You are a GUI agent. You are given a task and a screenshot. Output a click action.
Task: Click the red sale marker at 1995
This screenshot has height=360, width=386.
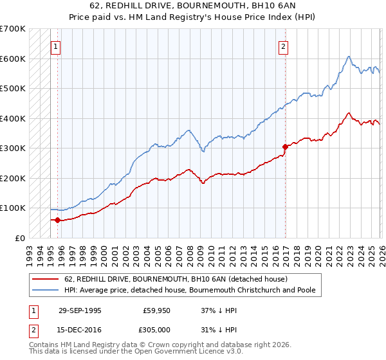pyautogui.click(x=58, y=220)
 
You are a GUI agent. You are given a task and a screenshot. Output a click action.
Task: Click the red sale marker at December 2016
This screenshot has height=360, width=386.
pyautogui.click(x=285, y=147)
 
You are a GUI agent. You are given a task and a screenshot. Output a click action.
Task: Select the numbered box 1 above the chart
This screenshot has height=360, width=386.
pyautogui.click(x=55, y=46)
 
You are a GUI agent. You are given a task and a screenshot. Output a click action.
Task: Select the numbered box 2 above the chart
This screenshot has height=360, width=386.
pyautogui.click(x=283, y=46)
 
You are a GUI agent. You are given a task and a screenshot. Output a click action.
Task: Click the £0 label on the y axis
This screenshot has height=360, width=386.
pyautogui.click(x=21, y=238)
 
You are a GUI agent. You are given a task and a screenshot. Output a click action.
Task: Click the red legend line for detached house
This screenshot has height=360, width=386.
pyautogui.click(x=46, y=279)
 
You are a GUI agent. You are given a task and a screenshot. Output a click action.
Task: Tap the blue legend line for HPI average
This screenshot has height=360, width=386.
pyautogui.click(x=46, y=291)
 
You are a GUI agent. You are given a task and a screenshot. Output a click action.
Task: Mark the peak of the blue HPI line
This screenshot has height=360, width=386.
pyautogui.click(x=348, y=57)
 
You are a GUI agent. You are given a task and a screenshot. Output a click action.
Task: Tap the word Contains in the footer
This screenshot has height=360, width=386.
pyautogui.click(x=45, y=345)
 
